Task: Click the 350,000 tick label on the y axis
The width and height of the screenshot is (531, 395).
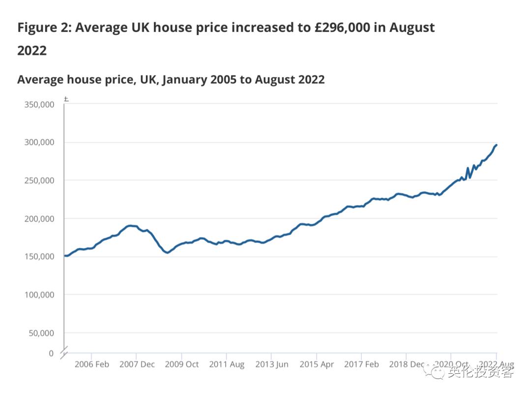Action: [x=39, y=104]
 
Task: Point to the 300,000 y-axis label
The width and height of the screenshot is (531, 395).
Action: [x=39, y=142]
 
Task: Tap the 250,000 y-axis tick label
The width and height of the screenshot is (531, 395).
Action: [x=39, y=180]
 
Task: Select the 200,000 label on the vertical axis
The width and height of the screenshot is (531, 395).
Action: [x=39, y=219]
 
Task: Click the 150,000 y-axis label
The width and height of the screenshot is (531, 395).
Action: [x=39, y=257]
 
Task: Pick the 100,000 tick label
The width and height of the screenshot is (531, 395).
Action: [x=39, y=295]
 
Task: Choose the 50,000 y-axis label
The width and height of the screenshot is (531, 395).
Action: [x=41, y=333]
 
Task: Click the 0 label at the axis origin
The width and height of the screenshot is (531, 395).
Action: [x=51, y=353]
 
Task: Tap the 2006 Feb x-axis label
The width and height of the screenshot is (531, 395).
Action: [x=91, y=364]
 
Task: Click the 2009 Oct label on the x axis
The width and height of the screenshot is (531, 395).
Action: [x=181, y=364]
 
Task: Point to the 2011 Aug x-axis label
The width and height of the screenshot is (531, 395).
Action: [x=226, y=364]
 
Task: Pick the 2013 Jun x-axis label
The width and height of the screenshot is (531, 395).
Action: [x=271, y=364]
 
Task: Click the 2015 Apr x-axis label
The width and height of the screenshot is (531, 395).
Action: [x=317, y=364]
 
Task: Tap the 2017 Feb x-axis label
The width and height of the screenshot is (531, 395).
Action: [x=361, y=364]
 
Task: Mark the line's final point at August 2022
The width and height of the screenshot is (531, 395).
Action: [x=497, y=145]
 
